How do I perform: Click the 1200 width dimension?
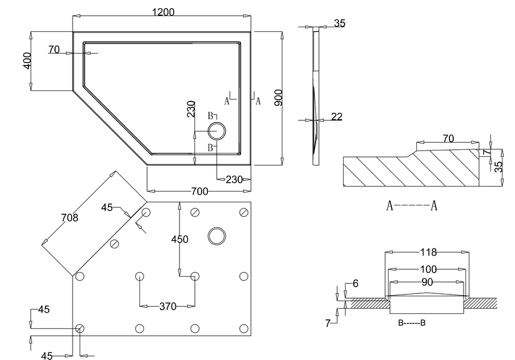(x=163, y=12)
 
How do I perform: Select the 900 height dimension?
(x=278, y=98)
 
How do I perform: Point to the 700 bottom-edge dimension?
(x=200, y=191)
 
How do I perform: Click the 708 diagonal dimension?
(x=70, y=218)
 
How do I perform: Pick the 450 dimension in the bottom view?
(x=180, y=239)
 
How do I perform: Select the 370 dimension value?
(x=168, y=306)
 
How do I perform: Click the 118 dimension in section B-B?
(x=428, y=253)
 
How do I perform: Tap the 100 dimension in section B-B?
(x=428, y=269)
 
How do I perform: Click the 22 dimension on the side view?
(x=337, y=117)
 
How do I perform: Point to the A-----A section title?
(x=412, y=206)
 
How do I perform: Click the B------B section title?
(x=412, y=323)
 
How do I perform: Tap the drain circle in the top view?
(x=216, y=131)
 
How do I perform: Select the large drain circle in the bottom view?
(x=217, y=236)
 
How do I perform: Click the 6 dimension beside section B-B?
(x=355, y=284)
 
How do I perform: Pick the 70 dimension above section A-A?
(x=448, y=139)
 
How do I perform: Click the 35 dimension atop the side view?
(x=340, y=24)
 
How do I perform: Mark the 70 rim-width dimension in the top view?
(x=54, y=50)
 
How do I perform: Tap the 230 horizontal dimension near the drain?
(x=234, y=180)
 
